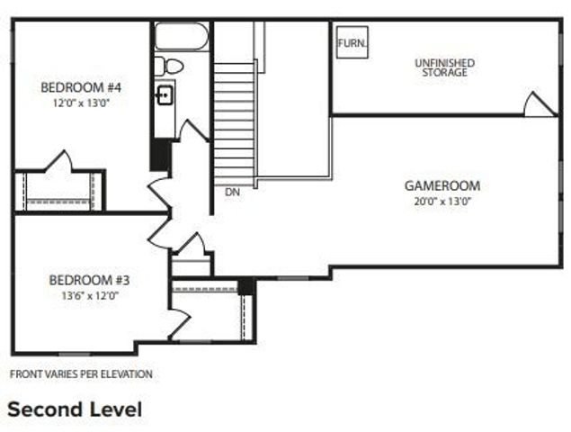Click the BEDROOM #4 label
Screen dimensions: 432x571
point(81,87)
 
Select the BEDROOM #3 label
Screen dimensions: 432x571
point(90,279)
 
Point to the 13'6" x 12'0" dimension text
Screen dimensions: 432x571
point(90,294)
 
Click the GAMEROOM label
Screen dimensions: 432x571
point(442,185)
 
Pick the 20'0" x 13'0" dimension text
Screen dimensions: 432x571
point(442,201)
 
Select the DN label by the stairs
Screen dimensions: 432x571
point(232,192)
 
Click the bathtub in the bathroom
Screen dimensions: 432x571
point(182,37)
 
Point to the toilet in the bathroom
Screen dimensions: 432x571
point(167,65)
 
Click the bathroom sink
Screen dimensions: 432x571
point(165,94)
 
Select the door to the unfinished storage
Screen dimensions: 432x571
point(540,105)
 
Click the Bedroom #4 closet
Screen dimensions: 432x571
point(60,190)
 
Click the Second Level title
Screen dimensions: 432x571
point(75,409)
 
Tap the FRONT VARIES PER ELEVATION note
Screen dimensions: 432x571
point(81,373)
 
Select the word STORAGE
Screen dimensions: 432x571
point(444,73)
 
